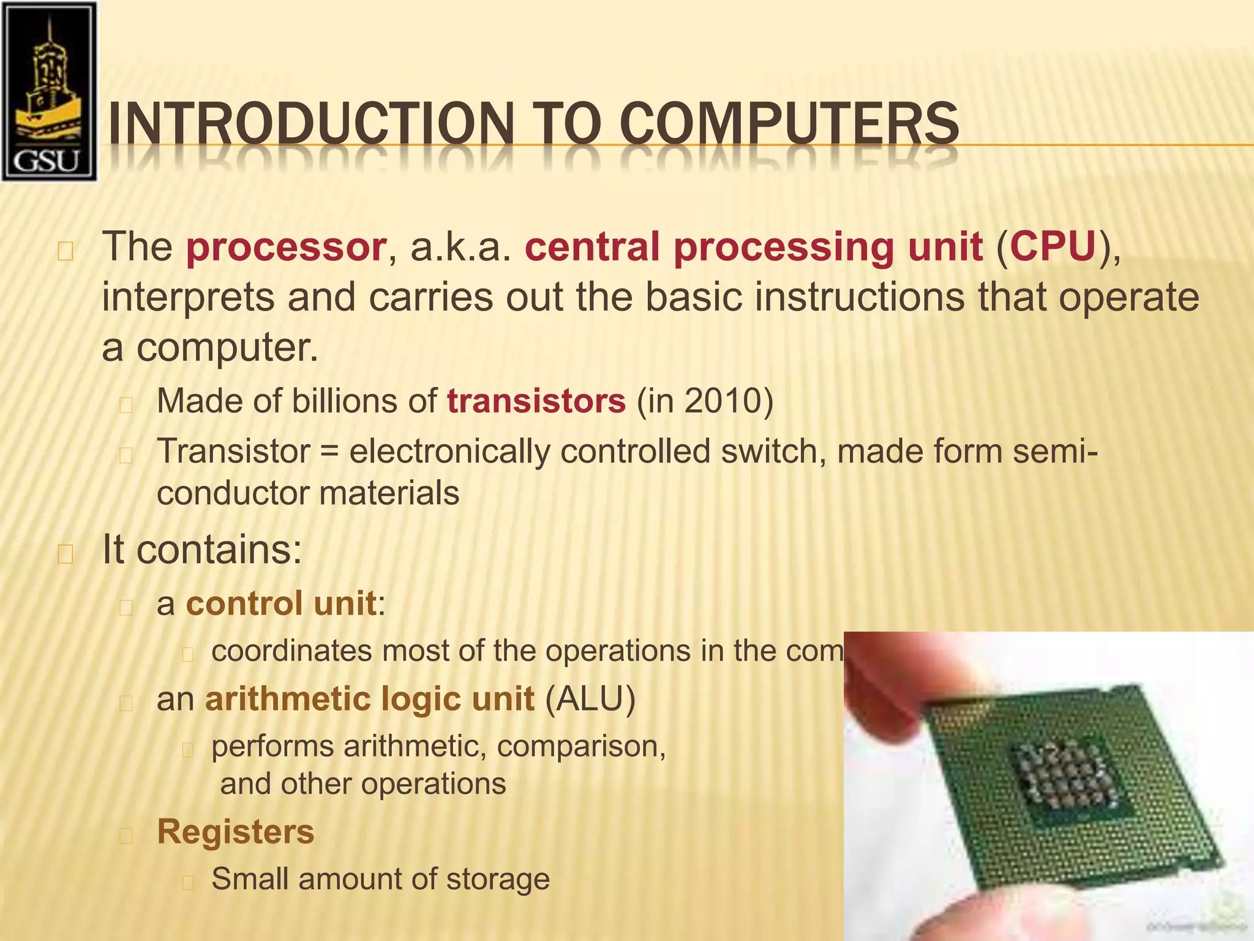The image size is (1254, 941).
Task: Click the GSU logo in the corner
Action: [x=49, y=92]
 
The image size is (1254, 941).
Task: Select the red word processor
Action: [x=286, y=247]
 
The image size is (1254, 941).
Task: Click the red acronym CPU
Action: [x=1053, y=247]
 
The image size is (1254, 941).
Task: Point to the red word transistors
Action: [x=536, y=401]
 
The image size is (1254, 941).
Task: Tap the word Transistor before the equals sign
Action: [x=233, y=452]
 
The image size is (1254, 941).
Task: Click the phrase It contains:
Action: [x=201, y=550]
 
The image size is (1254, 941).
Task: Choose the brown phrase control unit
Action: [x=281, y=603]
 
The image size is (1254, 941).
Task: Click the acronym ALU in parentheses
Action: [x=590, y=699]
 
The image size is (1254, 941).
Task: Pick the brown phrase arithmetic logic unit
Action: [x=370, y=699]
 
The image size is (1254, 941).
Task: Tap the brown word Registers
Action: [x=236, y=832]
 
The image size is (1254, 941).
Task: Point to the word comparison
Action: [x=580, y=747]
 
